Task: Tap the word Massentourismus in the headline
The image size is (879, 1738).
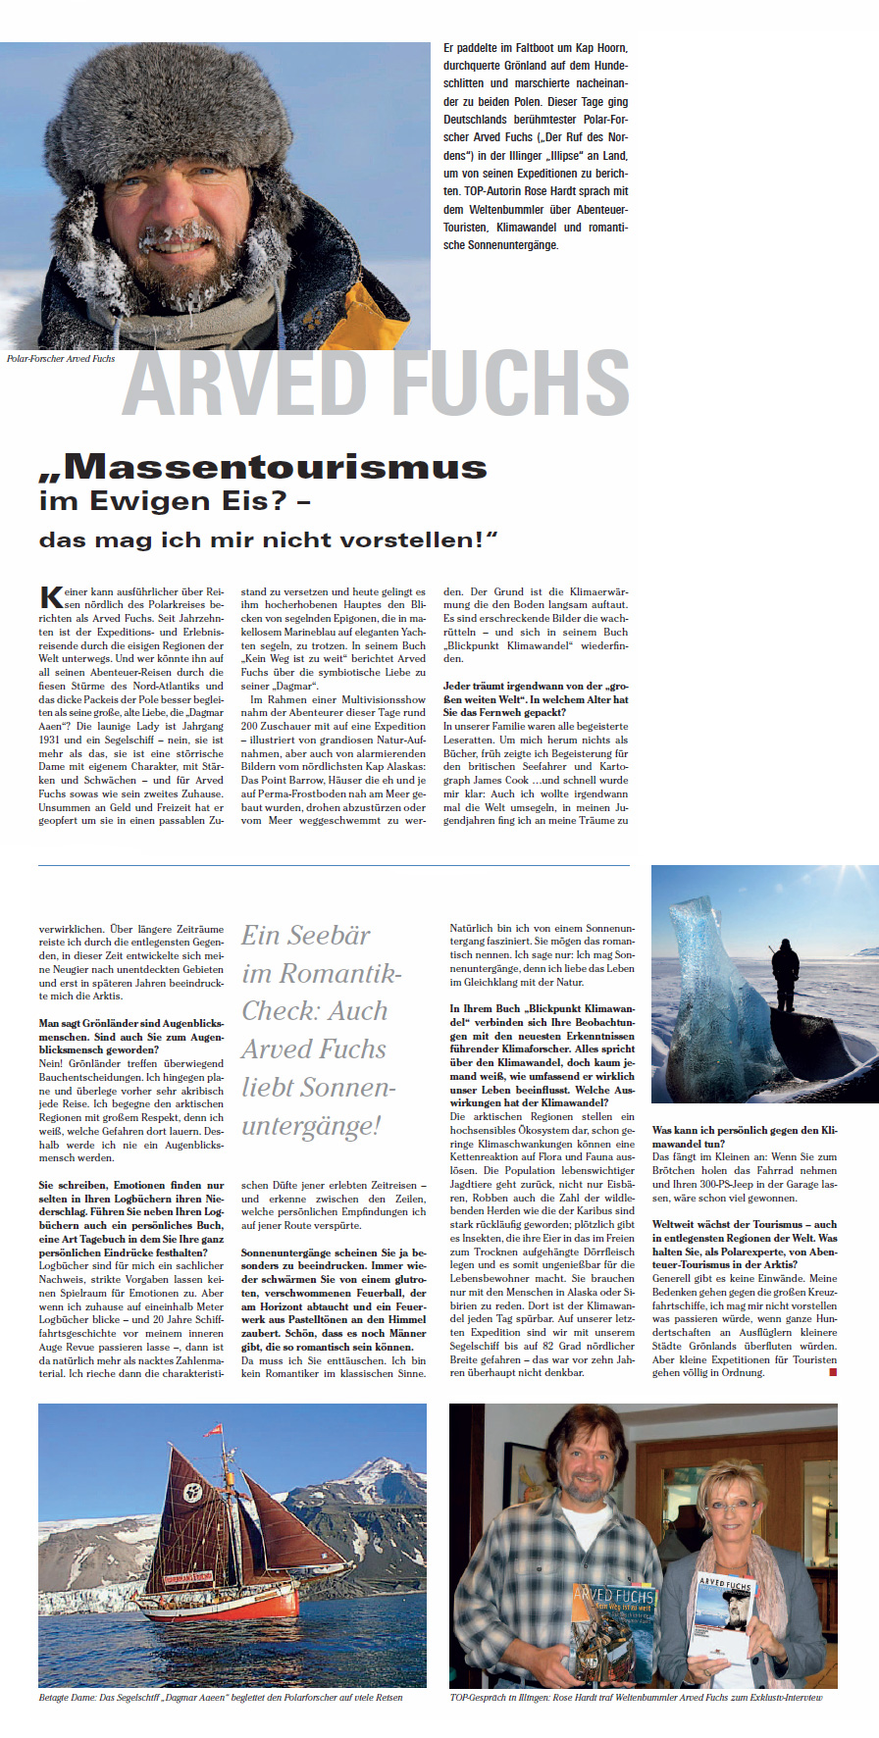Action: pos(275,467)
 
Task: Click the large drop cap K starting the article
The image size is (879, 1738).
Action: pos(50,597)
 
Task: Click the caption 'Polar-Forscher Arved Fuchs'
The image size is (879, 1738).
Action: pos(61,359)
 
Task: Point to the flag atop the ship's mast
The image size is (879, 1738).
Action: pos(216,1433)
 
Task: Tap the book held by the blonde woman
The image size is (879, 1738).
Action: pos(723,1613)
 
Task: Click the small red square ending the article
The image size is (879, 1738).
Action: pos(833,1372)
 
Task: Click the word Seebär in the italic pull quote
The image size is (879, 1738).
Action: pos(332,936)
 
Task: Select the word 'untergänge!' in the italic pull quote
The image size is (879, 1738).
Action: pos(311,1126)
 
